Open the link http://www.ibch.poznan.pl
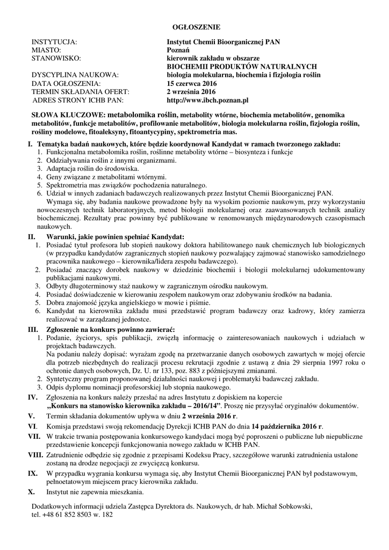pyautogui.click(x=207, y=100)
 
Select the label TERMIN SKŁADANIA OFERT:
pyautogui.click(x=81, y=91)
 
